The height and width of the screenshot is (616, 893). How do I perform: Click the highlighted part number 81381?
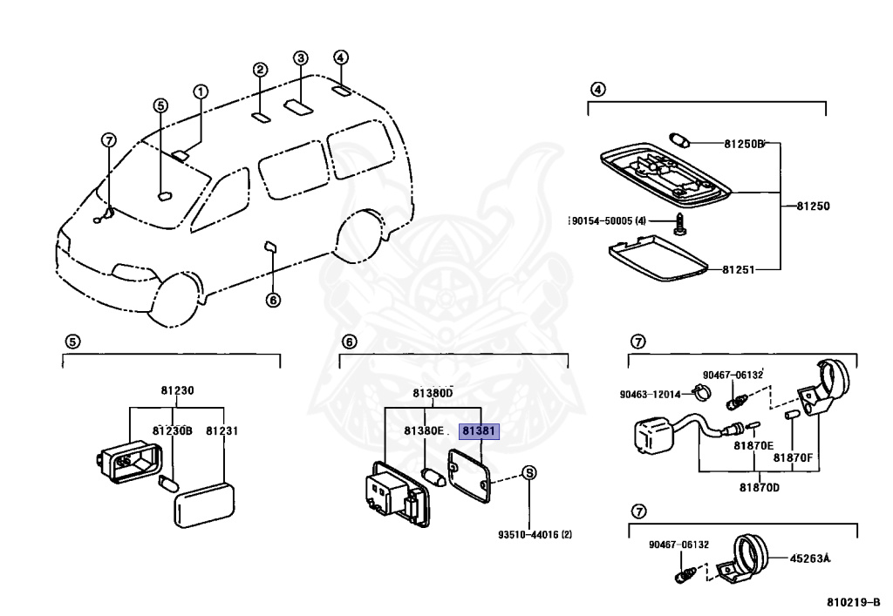click(x=480, y=431)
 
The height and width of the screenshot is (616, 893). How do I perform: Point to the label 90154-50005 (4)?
click(x=608, y=220)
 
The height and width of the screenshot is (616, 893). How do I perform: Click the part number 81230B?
click(x=173, y=431)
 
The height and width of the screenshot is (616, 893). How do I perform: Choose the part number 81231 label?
click(x=222, y=431)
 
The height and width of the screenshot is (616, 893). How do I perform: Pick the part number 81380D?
click(x=433, y=393)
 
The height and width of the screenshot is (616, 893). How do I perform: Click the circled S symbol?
click(x=528, y=473)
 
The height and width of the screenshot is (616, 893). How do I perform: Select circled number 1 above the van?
click(x=201, y=91)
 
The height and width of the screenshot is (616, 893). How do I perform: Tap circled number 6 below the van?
click(x=272, y=301)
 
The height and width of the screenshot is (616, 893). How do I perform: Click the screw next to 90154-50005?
click(x=681, y=226)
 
